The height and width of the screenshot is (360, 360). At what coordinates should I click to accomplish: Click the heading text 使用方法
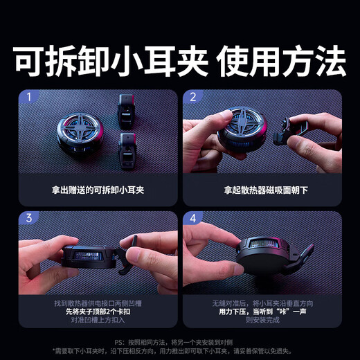[280, 64]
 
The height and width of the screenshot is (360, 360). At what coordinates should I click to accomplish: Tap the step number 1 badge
[28, 98]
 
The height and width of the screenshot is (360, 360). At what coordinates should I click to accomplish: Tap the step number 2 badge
[193, 98]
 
